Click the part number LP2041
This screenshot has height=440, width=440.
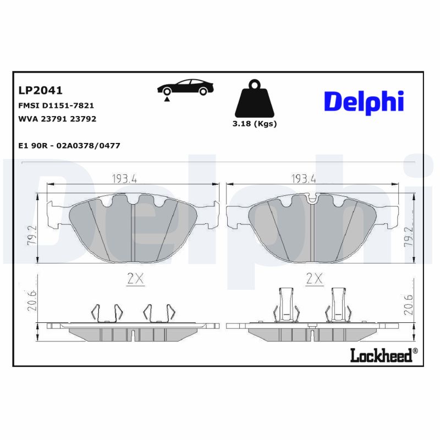click(x=40, y=90)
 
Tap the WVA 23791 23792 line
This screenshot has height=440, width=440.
click(x=53, y=118)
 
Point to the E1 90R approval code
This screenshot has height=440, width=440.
click(x=69, y=145)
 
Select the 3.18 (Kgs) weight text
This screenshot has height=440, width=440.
click(x=254, y=124)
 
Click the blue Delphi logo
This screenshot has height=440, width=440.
click(x=364, y=102)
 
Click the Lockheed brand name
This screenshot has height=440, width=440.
click(x=381, y=356)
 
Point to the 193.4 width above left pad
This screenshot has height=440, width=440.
click(x=124, y=178)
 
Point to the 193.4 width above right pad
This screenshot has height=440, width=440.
click(x=303, y=178)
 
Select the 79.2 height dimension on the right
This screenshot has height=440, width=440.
click(x=408, y=235)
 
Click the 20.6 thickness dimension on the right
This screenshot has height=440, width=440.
click(x=408, y=303)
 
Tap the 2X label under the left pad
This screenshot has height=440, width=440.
click(x=135, y=279)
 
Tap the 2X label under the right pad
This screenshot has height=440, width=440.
click(x=313, y=279)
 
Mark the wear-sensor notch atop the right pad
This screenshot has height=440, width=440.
click(x=312, y=199)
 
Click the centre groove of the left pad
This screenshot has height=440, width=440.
click(x=134, y=231)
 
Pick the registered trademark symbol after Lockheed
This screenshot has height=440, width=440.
click(x=415, y=351)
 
